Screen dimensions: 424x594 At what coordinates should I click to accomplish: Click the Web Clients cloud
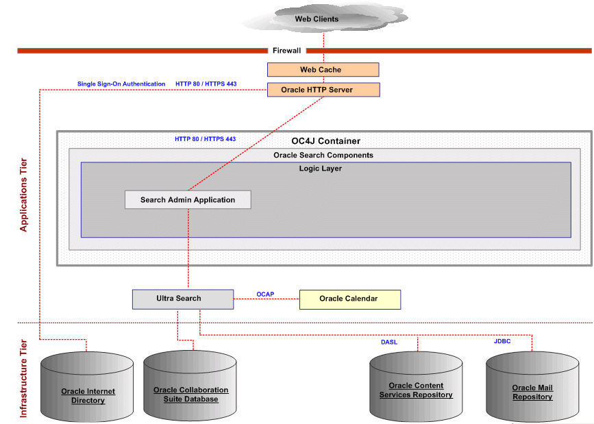tap(317, 18)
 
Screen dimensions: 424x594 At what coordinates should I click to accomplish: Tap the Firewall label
tap(286, 51)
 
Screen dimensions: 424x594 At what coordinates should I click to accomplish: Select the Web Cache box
tap(322, 70)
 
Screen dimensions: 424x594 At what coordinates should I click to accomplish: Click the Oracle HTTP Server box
tap(322, 90)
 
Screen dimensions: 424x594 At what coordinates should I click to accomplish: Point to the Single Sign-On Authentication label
tap(121, 84)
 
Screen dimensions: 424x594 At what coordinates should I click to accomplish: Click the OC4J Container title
tap(325, 141)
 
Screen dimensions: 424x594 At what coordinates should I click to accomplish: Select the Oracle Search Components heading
tap(323, 155)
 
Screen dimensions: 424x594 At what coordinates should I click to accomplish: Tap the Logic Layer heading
tap(321, 169)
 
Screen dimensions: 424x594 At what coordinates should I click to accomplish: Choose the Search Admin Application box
tap(188, 200)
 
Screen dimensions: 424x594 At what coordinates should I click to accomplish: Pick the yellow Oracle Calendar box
tap(349, 299)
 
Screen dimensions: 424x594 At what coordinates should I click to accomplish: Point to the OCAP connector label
tap(265, 295)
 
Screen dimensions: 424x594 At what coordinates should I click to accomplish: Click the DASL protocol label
tap(389, 342)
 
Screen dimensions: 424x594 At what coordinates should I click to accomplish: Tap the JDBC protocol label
tap(502, 341)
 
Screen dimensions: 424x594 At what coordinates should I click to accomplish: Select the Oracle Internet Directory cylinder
tap(88, 388)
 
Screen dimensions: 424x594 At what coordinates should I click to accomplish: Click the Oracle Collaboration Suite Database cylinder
tap(190, 387)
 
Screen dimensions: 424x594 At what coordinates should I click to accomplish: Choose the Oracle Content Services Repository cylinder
tap(416, 388)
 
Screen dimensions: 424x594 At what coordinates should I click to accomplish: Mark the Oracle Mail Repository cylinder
tap(532, 388)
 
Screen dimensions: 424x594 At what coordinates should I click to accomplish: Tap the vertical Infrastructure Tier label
tap(24, 379)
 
